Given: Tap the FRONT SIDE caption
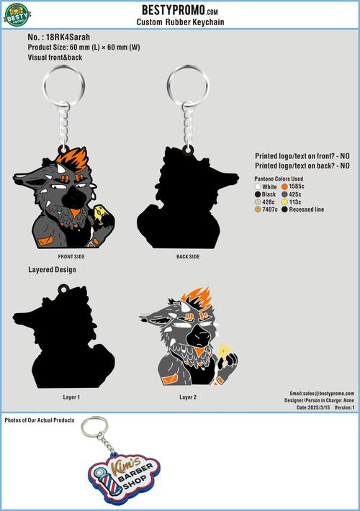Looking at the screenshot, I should pos(71,256).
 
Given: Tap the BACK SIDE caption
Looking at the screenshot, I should pos(188,256).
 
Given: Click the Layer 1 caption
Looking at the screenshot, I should pos(71,397).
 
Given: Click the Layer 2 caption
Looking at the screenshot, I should pos(188,397).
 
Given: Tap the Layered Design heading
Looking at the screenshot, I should pos(52,270).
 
